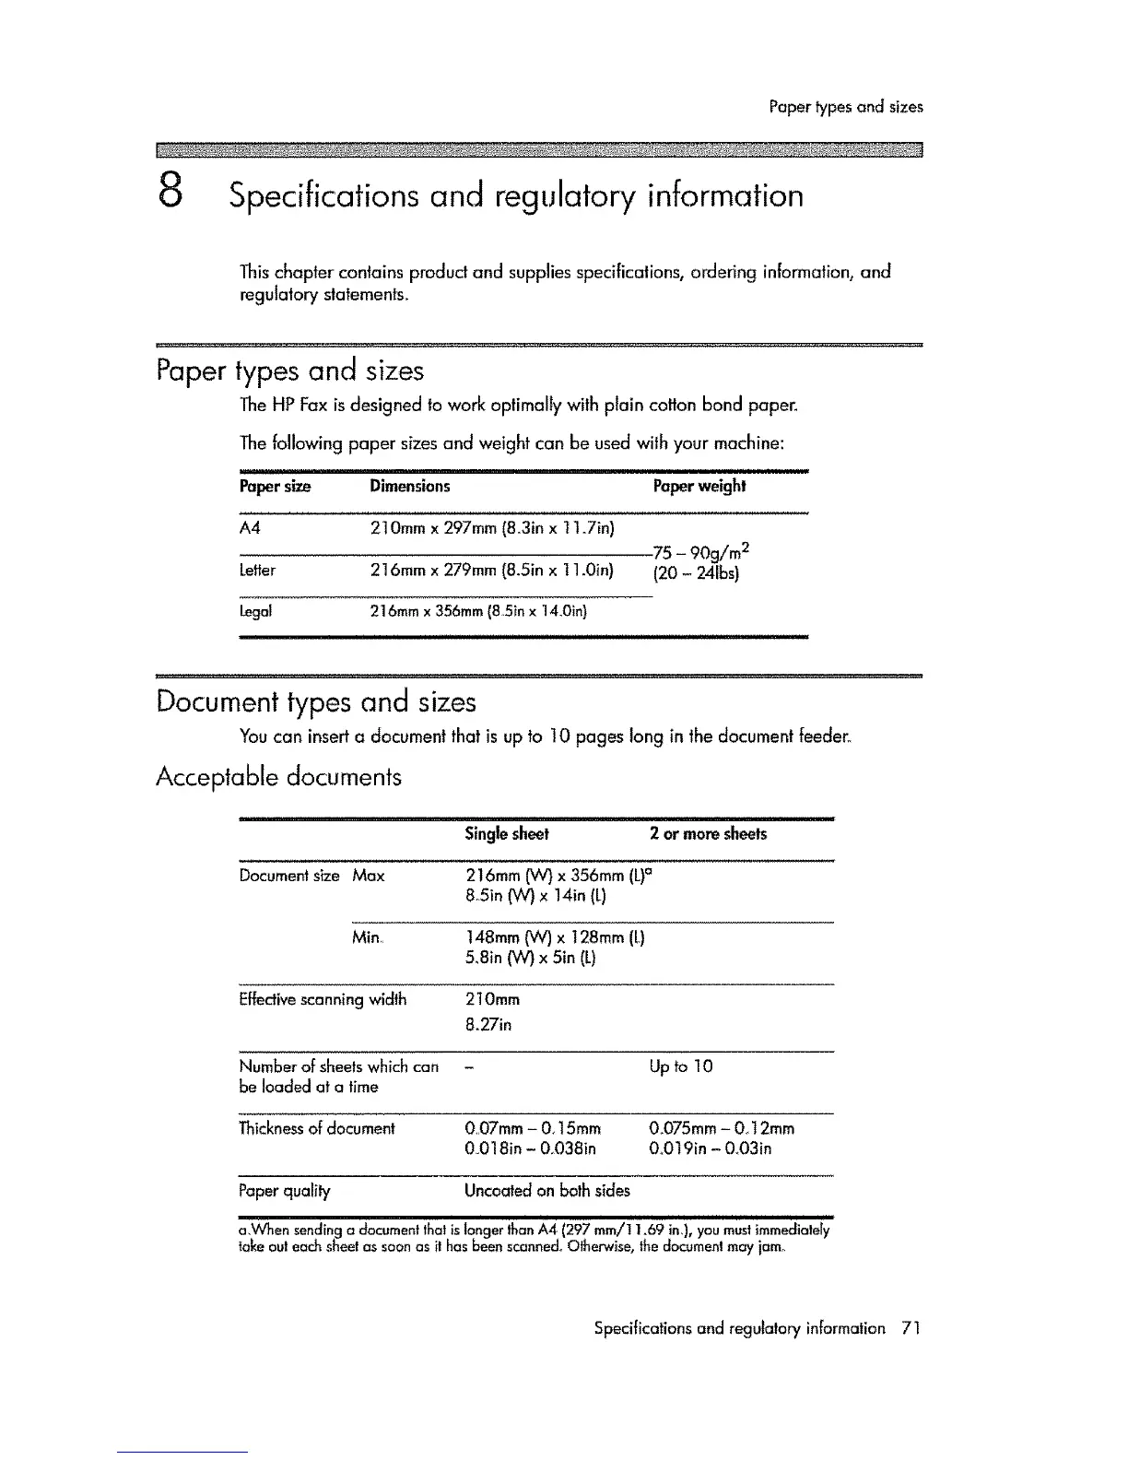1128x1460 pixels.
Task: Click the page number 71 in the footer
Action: [911, 1328]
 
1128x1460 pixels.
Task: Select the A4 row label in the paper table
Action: [250, 528]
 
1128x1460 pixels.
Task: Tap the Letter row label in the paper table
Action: [257, 570]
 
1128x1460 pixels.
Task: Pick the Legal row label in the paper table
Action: [255, 610]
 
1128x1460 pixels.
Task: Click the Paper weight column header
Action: [699, 486]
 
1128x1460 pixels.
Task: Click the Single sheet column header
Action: [506, 834]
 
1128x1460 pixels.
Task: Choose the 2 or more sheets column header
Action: [707, 834]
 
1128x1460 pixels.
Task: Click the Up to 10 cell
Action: [680, 1066]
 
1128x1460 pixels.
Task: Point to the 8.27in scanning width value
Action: [488, 1025]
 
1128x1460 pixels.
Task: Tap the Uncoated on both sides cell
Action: [547, 1190]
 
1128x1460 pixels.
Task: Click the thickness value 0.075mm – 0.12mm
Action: [722, 1128]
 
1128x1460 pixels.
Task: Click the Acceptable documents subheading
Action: [278, 777]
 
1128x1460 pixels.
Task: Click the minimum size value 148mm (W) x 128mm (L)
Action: [555, 938]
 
